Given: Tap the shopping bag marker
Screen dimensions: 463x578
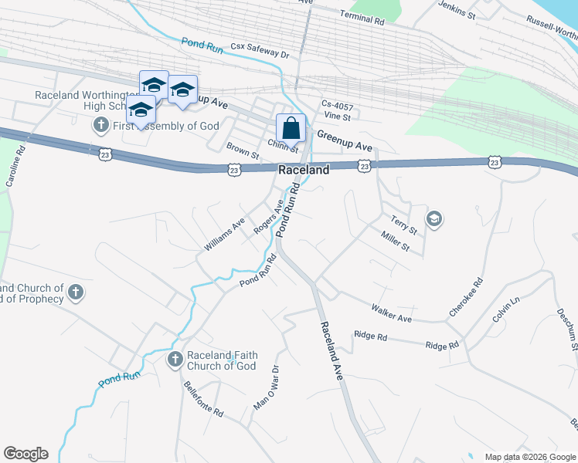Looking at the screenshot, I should click(291, 128).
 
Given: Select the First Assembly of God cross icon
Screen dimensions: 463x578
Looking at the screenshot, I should click(101, 125).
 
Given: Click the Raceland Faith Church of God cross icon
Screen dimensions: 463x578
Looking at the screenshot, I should click(175, 360).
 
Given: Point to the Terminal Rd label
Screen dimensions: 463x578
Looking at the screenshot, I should click(362, 19).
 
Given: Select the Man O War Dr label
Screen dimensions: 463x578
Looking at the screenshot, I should click(266, 388).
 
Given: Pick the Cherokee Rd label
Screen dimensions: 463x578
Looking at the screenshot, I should click(466, 297).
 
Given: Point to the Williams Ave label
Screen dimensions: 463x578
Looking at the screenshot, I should click(224, 233).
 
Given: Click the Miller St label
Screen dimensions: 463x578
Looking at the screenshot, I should click(394, 240).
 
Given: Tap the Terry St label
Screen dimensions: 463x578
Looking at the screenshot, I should click(403, 224).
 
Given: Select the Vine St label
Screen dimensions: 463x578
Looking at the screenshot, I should click(338, 117).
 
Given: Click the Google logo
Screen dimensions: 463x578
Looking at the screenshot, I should click(25, 454).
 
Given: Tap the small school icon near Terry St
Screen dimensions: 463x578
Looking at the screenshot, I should click(434, 220).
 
